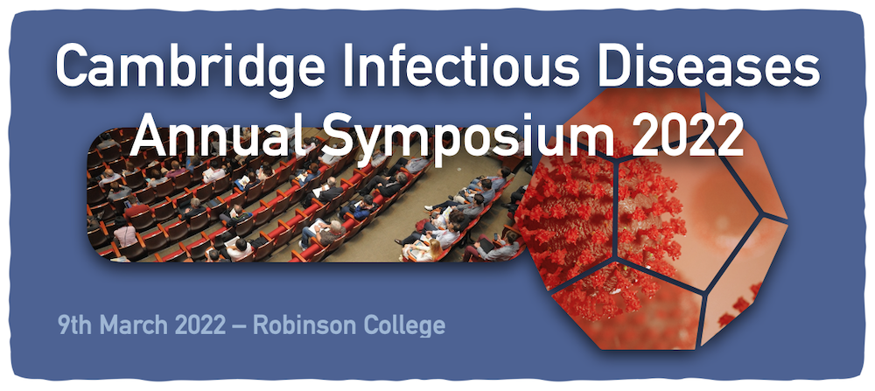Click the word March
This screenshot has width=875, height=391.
click(x=133, y=325)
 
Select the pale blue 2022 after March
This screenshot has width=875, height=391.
click(x=200, y=325)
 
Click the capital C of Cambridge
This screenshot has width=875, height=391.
click(x=71, y=64)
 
